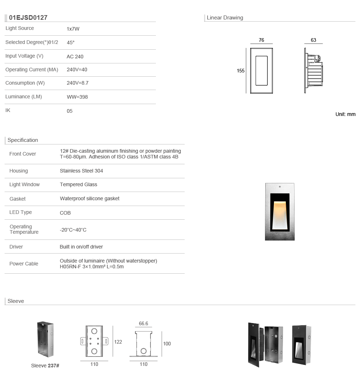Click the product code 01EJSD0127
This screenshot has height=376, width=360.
tap(28, 18)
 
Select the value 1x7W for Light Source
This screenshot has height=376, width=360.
tap(73, 29)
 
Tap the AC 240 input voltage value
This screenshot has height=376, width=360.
tap(75, 57)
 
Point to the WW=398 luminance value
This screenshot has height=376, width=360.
tap(77, 97)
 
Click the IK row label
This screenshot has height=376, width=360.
tap(8, 110)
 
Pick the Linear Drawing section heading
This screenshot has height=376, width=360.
tap(225, 18)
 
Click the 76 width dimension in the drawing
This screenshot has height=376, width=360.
tap(261, 40)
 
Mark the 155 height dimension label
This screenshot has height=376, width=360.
tap(240, 71)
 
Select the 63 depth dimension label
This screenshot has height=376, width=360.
tap(313, 40)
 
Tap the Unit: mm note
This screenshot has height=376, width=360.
tap(345, 114)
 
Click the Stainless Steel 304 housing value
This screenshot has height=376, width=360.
tap(81, 171)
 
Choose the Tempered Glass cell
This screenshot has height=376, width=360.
tap(78, 184)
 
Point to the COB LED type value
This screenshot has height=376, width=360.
tap(65, 213)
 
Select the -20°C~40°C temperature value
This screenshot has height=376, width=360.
tap(73, 230)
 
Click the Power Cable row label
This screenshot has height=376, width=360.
tap(24, 264)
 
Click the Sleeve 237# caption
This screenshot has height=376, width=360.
tap(45, 366)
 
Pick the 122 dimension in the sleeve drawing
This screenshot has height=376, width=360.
tap(118, 342)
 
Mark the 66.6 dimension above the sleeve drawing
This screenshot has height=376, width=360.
tap(143, 323)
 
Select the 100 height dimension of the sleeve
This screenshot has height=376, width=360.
tap(167, 344)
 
